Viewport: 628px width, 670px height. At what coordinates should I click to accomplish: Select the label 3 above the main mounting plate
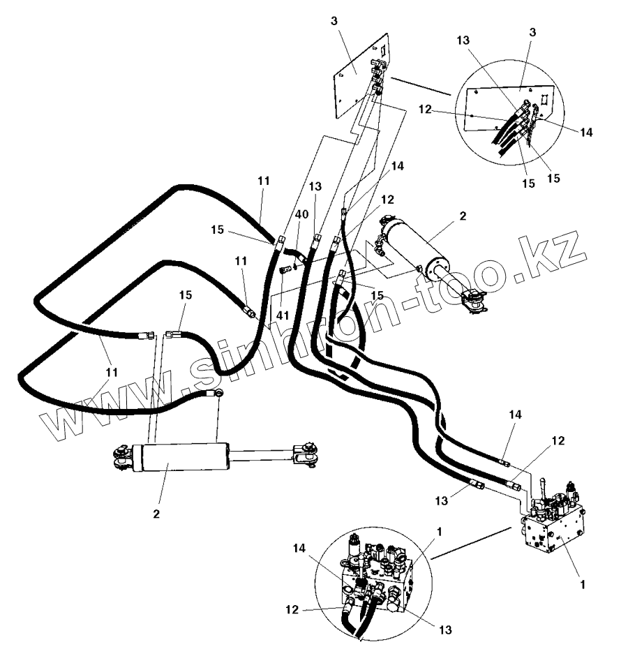click(x=334, y=21)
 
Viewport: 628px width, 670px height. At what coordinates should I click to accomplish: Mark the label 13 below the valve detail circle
click(x=446, y=630)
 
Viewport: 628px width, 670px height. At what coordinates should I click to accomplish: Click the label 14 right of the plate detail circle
click(x=585, y=131)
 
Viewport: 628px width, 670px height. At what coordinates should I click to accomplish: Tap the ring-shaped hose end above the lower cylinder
click(x=218, y=394)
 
